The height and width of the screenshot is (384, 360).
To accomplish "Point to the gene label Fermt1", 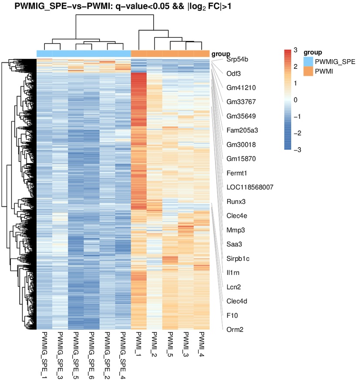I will pyautogui.click(x=237, y=173).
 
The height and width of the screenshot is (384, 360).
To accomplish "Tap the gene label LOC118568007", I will pyautogui.click(x=250, y=188).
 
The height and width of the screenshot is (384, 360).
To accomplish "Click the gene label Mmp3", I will pyautogui.click(x=235, y=230).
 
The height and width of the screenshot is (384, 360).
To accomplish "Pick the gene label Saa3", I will pyautogui.click(x=234, y=244).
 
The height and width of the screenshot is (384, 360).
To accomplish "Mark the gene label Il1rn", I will pyautogui.click(x=233, y=273).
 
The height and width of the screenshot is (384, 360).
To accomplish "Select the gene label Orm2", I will pyautogui.click(x=234, y=330).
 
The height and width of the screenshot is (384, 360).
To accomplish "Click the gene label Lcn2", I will pyautogui.click(x=234, y=287).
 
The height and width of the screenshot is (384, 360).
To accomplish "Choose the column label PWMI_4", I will pyautogui.click(x=202, y=346).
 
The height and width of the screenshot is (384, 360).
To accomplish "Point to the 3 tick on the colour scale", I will pyautogui.click(x=295, y=51).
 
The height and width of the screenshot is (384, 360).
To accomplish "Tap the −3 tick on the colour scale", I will pyautogui.click(x=294, y=150).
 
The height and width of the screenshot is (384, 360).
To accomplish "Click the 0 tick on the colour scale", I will pyautogui.click(x=295, y=100).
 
